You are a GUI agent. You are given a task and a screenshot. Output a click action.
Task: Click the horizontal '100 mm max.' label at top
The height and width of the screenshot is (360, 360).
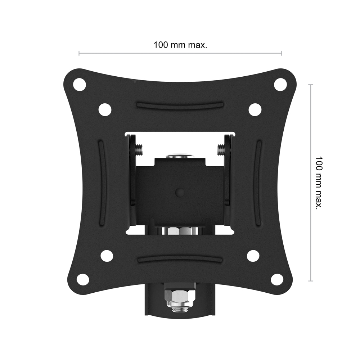180,45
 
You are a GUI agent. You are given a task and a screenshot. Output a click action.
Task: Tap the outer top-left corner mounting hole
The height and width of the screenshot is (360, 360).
80,85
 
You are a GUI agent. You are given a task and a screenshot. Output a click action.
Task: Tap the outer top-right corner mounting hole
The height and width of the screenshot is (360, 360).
280,84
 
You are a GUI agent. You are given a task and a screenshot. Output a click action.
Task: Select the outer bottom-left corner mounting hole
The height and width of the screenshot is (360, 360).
83,279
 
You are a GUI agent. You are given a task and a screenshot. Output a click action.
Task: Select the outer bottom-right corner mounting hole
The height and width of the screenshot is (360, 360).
277,279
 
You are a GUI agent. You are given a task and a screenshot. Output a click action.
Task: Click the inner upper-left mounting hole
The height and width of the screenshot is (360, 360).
105,109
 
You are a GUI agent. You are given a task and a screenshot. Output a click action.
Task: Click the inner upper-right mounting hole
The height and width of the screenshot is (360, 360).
255,109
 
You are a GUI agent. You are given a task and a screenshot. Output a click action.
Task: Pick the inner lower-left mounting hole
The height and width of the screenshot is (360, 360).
107,255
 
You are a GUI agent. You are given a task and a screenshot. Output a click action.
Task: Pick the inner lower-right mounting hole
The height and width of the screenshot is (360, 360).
253,255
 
